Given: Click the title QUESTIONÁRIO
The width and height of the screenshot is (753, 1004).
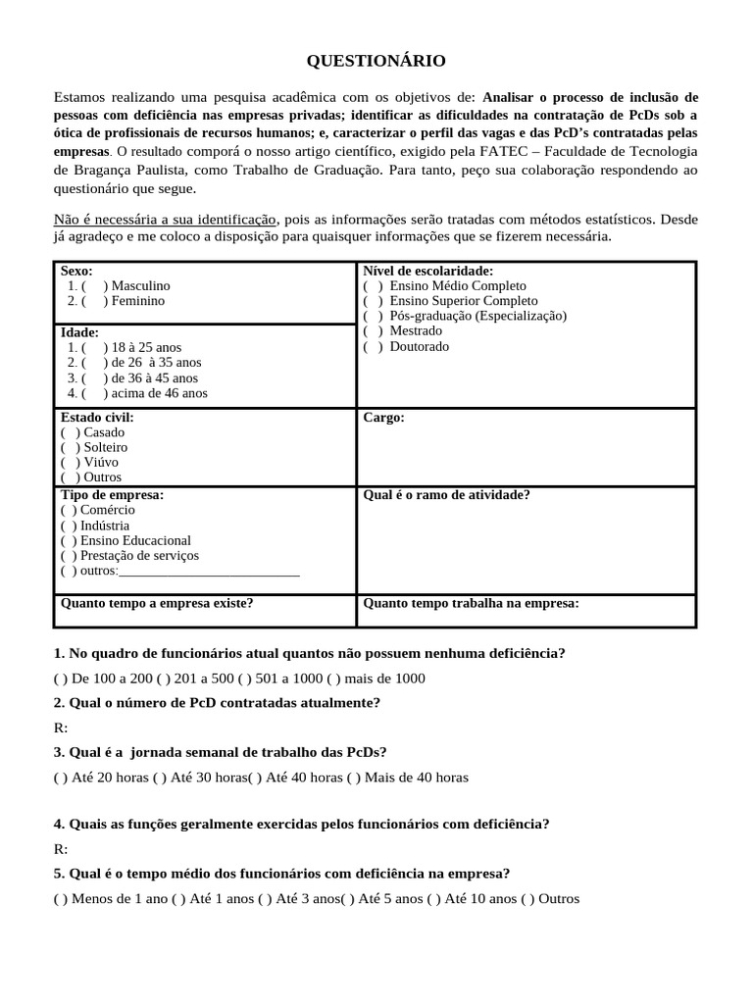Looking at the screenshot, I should click(x=376, y=62).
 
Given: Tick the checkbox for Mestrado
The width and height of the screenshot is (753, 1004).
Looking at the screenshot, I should click(x=373, y=331).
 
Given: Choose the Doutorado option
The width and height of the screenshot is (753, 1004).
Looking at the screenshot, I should click(x=373, y=346).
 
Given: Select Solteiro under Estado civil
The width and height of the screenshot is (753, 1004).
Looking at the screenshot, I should click(x=70, y=447).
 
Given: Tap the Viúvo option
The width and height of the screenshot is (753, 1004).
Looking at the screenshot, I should click(x=70, y=462).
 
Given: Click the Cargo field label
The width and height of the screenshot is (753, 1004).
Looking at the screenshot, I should click(x=383, y=418).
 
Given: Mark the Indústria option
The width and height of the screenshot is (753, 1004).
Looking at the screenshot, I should click(x=70, y=526).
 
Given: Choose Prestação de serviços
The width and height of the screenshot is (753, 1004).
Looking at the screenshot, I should click(x=70, y=555).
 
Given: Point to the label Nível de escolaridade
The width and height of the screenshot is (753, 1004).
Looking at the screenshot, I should click(x=427, y=271).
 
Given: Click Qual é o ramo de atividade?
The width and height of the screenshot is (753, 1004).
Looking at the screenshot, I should click(x=446, y=495).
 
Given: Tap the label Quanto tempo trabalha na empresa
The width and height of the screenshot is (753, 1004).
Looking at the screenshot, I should click(x=471, y=603).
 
